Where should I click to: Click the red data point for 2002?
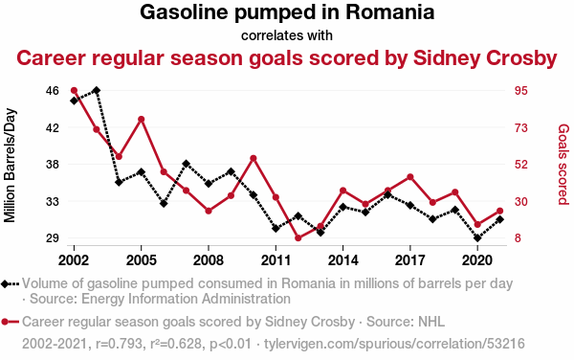74,90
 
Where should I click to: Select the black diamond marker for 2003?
97,90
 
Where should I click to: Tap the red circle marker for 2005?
142,120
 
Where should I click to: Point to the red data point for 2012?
298,238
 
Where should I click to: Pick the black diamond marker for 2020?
477,238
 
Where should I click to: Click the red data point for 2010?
254,159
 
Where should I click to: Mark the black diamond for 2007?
186,164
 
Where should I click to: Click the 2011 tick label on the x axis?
276,260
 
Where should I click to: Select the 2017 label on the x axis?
410,260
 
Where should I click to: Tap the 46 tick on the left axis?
53,91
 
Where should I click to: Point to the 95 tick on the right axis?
521,91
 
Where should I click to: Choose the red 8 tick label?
518,238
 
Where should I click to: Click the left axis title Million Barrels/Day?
10,166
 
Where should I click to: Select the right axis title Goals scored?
563,165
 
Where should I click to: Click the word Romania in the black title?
390,12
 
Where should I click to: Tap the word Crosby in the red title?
521,58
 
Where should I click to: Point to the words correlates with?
287,35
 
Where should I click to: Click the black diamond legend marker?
5,283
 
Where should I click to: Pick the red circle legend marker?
5,323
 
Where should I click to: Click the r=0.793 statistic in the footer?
119,344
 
